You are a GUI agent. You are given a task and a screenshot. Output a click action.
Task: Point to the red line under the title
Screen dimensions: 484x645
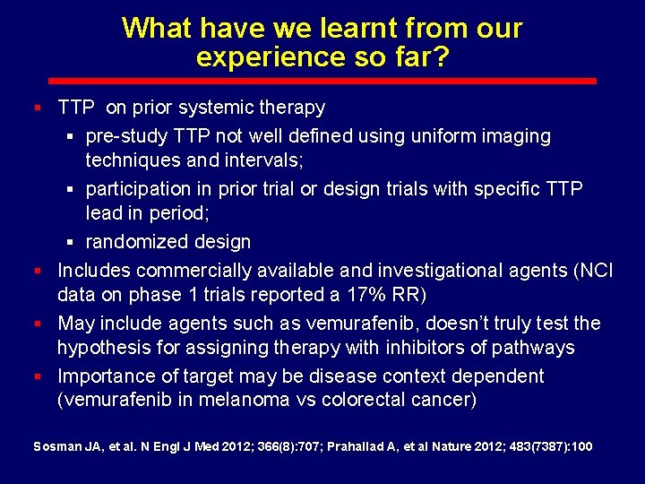(322, 81)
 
